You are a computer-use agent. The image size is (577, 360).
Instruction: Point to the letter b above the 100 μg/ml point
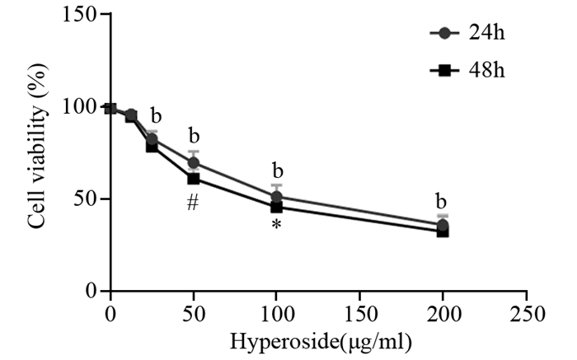277,171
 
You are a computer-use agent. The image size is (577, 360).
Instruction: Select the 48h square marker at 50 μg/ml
194,179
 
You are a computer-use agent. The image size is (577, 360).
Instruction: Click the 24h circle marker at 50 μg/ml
194,163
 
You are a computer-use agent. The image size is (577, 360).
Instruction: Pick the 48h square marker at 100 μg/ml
277,207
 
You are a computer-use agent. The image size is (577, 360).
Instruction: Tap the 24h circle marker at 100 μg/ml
277,197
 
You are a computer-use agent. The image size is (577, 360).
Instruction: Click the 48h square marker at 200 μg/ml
443,231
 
